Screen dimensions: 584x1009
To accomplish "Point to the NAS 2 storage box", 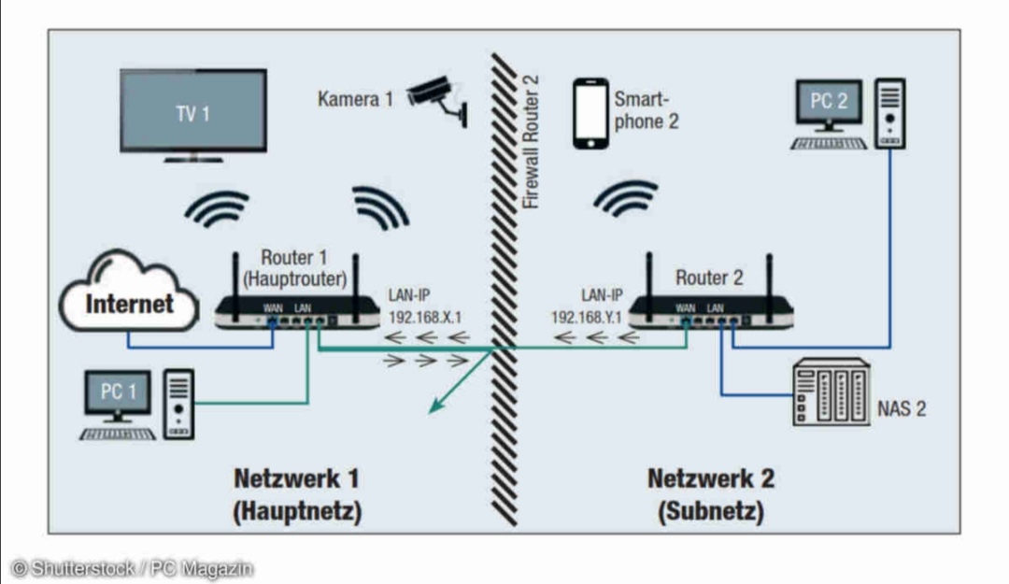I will pyautogui.click(x=831, y=393).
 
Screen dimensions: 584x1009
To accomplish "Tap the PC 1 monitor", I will pyautogui.click(x=117, y=393).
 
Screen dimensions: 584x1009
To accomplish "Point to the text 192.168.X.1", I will pyautogui.click(x=425, y=317).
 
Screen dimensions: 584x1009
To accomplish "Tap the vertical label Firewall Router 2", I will pyautogui.click(x=531, y=140).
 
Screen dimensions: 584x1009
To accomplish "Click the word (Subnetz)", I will pyautogui.click(x=710, y=512).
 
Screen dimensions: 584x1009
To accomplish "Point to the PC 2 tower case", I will pyautogui.click(x=889, y=112).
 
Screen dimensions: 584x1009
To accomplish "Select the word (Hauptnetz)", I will pyautogui.click(x=297, y=512).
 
